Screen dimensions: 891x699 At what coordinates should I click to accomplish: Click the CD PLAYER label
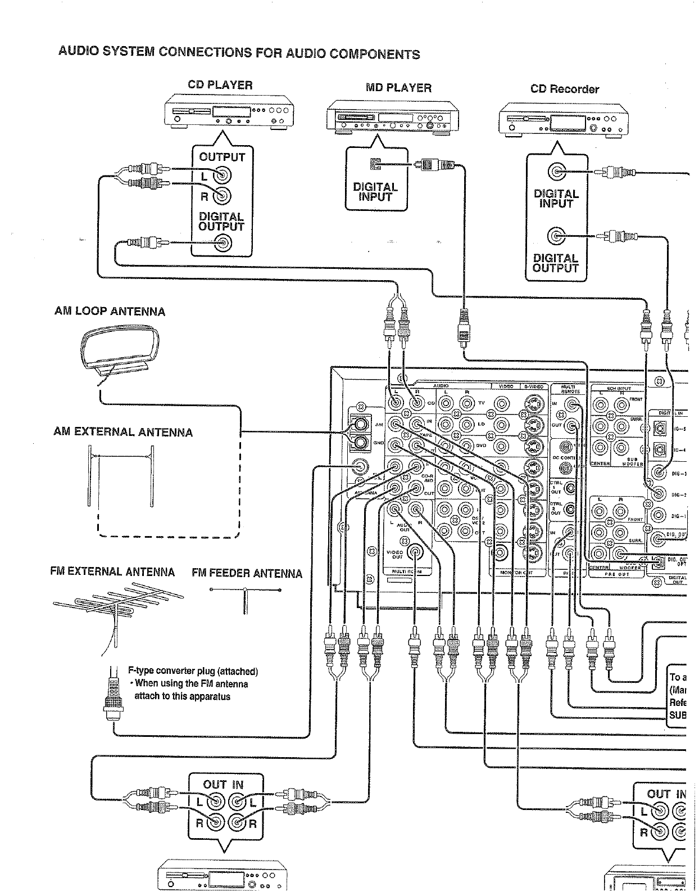pyautogui.click(x=220, y=85)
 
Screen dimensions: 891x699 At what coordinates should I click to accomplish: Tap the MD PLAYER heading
pyautogui.click(x=398, y=88)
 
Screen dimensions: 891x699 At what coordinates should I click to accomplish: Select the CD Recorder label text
pyautogui.click(x=564, y=89)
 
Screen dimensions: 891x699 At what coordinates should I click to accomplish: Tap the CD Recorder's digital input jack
pyautogui.click(x=556, y=172)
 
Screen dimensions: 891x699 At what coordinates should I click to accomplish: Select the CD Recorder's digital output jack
pyautogui.click(x=556, y=237)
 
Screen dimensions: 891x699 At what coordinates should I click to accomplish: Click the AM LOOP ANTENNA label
pyautogui.click(x=110, y=312)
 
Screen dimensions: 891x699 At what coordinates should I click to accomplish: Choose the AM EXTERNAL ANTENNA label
pyautogui.click(x=123, y=433)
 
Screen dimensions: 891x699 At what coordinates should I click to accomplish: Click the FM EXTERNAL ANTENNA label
pyautogui.click(x=112, y=572)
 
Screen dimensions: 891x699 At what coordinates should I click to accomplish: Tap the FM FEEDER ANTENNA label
pyautogui.click(x=247, y=574)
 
